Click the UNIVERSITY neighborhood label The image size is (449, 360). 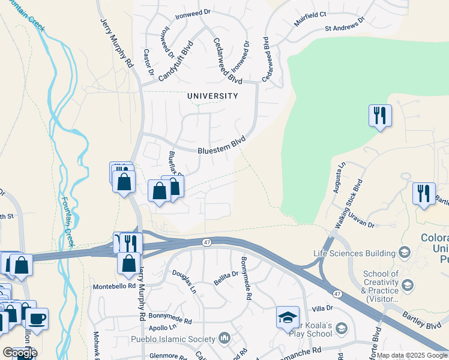pyautogui.click(x=212, y=96)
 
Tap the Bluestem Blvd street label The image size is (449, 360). pyautogui.click(x=222, y=146)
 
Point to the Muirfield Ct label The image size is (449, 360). pyautogui.click(x=310, y=27)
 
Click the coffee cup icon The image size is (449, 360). pyautogui.click(x=37, y=318)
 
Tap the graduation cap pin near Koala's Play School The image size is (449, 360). pyautogui.click(x=288, y=316)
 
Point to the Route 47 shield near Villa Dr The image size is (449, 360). pyautogui.click(x=339, y=292)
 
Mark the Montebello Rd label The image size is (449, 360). pyautogui.click(x=115, y=287)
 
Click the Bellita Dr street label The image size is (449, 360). pyautogui.click(x=226, y=278)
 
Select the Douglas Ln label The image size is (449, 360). pyautogui.click(x=184, y=280)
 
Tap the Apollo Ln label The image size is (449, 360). pyautogui.click(x=164, y=328)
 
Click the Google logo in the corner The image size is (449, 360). pyautogui.click(x=20, y=352)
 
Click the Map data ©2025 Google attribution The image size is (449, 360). pyautogui.click(x=412, y=355)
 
